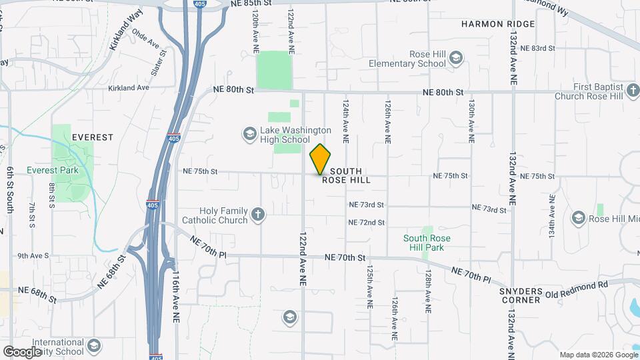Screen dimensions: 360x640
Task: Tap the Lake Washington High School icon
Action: tap(249, 135)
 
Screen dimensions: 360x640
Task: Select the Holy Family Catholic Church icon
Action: tap(258, 215)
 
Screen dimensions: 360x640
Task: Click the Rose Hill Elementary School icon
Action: tap(456, 58)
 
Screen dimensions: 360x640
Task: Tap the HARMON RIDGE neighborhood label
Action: tap(498, 24)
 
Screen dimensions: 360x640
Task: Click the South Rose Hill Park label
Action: tap(427, 243)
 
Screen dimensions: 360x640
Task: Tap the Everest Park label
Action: tap(53, 170)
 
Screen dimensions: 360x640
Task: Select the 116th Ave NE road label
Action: tap(177, 287)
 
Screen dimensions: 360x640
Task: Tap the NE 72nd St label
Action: tap(366, 222)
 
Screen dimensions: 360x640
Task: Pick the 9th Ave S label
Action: tap(33, 255)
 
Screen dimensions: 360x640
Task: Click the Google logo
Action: tap(22, 351)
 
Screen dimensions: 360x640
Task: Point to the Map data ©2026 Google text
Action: tap(598, 355)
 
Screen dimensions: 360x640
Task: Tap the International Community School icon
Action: tap(94, 345)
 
